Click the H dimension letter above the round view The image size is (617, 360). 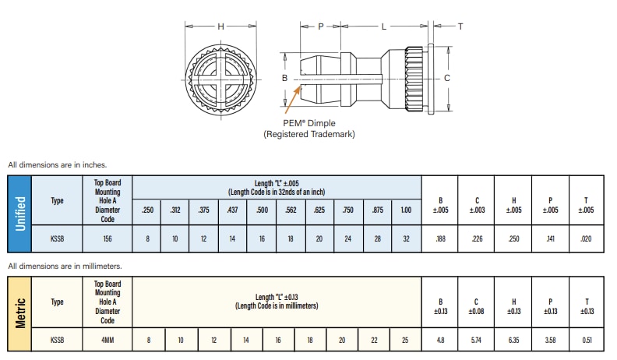[x=220, y=26]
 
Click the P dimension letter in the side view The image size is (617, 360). [x=320, y=26]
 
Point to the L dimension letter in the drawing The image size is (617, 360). [x=383, y=26]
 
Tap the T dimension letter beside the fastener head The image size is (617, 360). [x=460, y=26]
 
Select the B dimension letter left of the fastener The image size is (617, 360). [x=285, y=79]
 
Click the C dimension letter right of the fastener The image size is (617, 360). [x=446, y=78]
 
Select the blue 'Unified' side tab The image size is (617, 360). [x=20, y=213]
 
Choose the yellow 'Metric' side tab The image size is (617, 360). [x=20, y=311]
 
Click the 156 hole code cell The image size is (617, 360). [x=108, y=238]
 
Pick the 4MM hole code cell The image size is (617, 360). [x=108, y=341]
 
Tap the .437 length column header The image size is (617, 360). [x=232, y=210]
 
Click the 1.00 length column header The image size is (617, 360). [x=405, y=210]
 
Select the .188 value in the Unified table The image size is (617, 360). [x=440, y=238]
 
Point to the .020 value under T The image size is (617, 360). [x=587, y=238]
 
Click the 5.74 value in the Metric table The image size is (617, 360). [x=477, y=341]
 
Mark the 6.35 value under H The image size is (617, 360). [x=513, y=341]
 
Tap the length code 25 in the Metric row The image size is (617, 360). [x=406, y=341]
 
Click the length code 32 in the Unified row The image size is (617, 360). [x=405, y=238]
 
